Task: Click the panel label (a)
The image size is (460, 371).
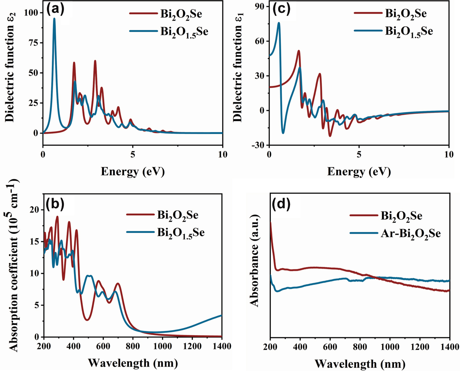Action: (x=56, y=9)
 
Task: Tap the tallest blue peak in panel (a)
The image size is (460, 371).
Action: (x=54, y=19)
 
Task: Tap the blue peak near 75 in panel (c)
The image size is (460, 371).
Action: (x=279, y=24)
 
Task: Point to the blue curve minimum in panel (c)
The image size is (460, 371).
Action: (x=283, y=133)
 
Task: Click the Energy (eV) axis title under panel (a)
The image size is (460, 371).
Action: (x=132, y=171)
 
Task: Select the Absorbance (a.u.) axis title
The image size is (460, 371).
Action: (x=255, y=260)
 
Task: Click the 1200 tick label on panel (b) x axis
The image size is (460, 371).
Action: (x=192, y=346)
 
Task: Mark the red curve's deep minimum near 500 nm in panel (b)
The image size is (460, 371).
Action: (x=87, y=320)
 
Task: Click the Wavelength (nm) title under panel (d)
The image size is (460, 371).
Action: (x=360, y=364)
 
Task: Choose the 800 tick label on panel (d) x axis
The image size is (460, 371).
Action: (x=360, y=347)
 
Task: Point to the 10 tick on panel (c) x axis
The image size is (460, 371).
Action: (x=449, y=154)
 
